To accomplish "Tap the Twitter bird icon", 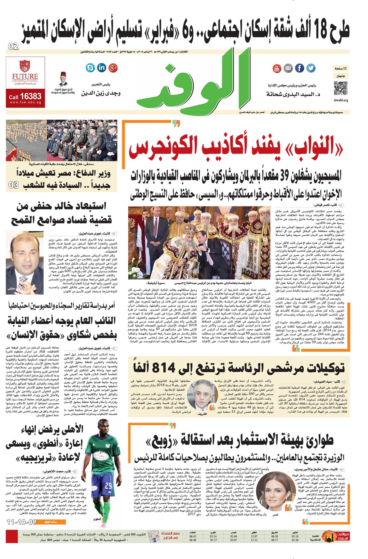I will click(311, 68).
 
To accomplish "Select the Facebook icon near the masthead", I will click(300, 68).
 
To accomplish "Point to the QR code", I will click(340, 88).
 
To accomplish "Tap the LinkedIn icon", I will click(101, 68).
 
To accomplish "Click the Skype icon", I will click(91, 68).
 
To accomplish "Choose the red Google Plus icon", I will click(113, 68).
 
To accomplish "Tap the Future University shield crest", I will click(25, 66).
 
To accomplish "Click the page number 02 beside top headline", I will click(13, 47).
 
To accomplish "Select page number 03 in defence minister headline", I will click(13, 185).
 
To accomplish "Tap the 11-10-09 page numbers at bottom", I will click(21, 522).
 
